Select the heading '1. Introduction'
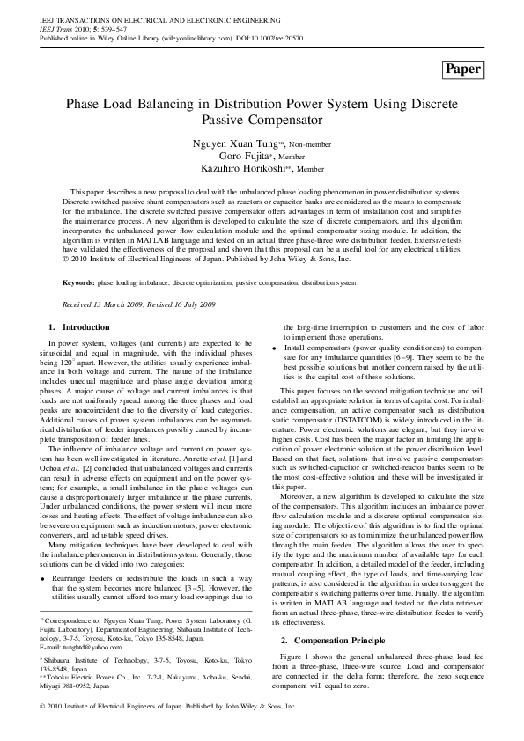tap(78, 303)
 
